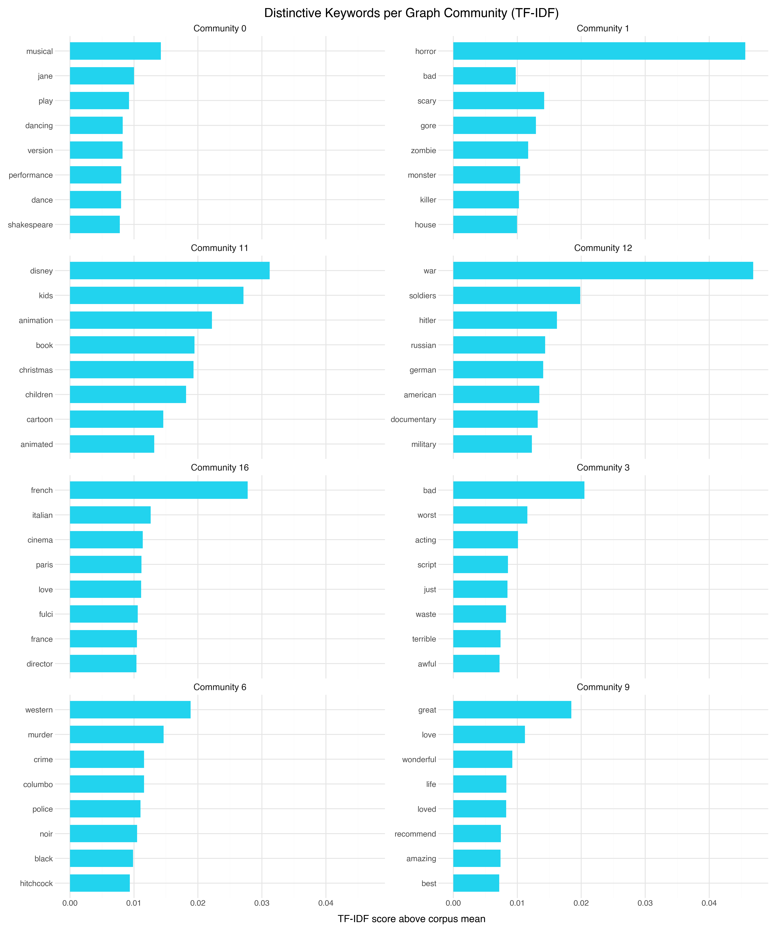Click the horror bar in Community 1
599,51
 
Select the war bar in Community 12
603,271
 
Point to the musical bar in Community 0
115,51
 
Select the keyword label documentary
413,419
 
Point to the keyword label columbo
38,784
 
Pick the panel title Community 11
220,248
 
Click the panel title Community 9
603,687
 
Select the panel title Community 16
220,467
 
